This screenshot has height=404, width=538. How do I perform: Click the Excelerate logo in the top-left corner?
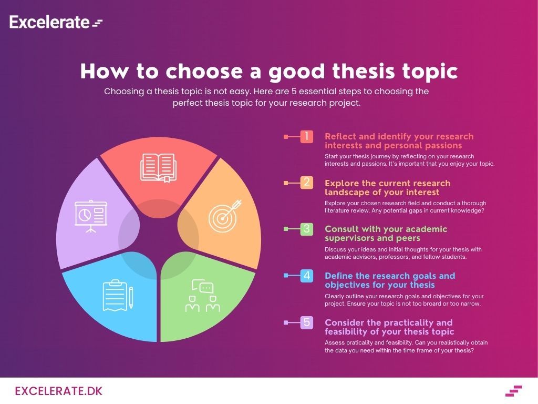[55, 22]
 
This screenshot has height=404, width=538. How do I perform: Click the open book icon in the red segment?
[158, 168]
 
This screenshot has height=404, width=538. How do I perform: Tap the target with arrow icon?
[224, 215]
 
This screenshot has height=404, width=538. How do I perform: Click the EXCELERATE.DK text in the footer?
[59, 391]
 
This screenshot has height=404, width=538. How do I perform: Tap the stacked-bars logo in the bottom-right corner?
[514, 391]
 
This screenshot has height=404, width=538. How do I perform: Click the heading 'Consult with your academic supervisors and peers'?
[386, 234]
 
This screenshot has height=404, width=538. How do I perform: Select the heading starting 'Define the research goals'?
[390, 280]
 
